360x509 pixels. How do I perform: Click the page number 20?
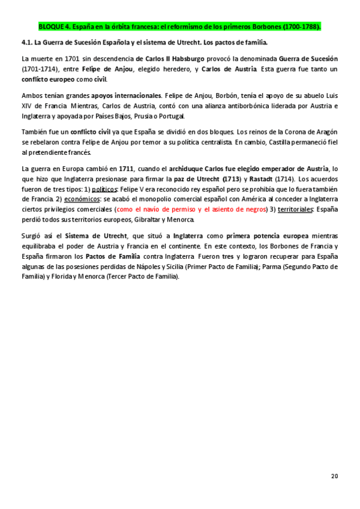coord(334,476)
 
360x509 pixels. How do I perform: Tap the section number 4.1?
coord(26,43)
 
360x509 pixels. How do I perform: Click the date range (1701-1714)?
coord(41,69)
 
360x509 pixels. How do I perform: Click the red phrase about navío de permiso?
coord(190,210)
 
